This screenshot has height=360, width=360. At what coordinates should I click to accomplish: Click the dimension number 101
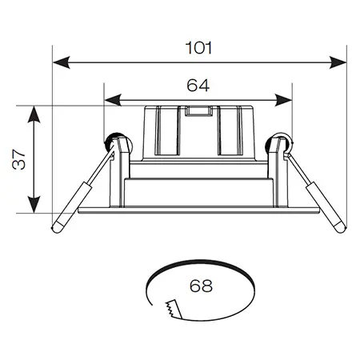tap(198, 48)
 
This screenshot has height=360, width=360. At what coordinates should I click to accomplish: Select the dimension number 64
tap(198, 86)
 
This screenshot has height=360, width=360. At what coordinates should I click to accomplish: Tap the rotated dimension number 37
tap(19, 159)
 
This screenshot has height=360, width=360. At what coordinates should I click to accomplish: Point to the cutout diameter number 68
tap(201, 286)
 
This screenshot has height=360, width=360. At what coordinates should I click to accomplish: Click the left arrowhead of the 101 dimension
tap(62, 62)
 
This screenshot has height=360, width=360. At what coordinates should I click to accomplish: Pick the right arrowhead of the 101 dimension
tap(338, 62)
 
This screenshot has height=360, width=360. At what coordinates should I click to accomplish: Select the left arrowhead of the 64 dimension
tap(113, 100)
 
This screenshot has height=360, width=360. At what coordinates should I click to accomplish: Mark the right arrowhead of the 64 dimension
tap(283, 100)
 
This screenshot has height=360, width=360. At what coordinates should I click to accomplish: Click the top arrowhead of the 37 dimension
tap(34, 114)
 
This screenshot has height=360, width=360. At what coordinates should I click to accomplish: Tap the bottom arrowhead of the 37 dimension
tap(34, 204)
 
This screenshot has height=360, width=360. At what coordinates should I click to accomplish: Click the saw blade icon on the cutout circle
tap(174, 309)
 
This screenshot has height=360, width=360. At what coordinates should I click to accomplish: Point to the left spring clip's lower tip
tap(55, 229)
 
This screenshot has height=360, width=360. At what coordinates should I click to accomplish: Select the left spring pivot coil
tap(111, 142)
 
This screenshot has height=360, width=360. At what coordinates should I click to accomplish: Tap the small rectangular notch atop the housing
tap(198, 111)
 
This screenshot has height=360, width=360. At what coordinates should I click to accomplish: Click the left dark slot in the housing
tap(166, 130)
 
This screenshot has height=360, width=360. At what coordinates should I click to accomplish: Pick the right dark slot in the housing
tap(230, 130)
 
